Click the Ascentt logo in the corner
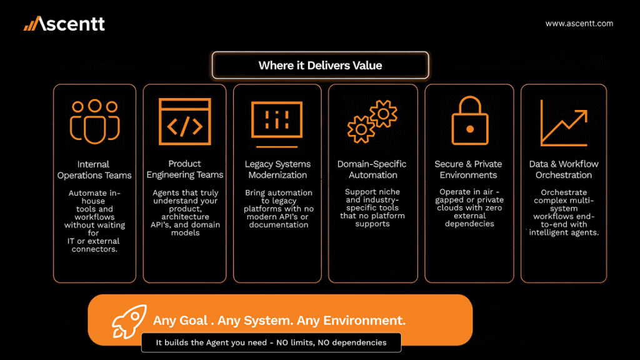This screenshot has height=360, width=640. pos(64,24)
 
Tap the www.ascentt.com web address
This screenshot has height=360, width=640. pos(579,24)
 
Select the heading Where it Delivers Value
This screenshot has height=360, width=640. pos(321,65)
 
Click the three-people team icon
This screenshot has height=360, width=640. pos(95,122)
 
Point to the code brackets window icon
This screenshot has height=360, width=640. pos(185,122)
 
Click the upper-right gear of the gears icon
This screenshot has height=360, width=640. pos(383,114)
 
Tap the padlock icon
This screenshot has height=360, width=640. pos(470,121)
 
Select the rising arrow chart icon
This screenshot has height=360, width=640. pos(564,122)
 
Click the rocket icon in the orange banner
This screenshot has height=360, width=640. pos(129,322)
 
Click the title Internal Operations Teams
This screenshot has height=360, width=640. pos(94,170)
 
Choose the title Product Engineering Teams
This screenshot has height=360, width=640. pos(185,169)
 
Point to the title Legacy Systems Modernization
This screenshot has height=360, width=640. pos(277,169)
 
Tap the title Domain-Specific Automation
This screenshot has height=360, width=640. pos(372,169)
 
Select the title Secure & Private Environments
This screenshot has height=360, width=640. pos(468,169)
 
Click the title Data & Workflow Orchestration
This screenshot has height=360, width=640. pos(564,169)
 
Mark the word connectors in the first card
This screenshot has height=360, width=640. pos(94,249)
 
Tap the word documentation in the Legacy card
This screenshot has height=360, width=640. pos(279,224)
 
